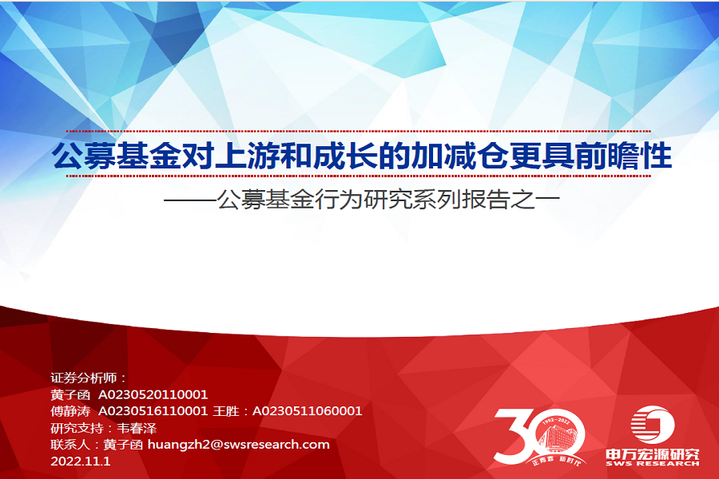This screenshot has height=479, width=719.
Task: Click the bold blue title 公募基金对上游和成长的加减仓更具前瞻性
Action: click(362, 156)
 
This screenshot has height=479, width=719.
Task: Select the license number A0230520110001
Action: click(153, 394)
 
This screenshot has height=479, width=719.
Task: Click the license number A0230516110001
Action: click(153, 411)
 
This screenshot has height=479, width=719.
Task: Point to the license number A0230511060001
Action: click(307, 411)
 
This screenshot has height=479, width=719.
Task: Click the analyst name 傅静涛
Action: click(70, 411)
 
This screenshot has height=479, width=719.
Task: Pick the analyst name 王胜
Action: click(226, 411)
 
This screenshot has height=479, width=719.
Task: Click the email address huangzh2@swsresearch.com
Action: click(238, 445)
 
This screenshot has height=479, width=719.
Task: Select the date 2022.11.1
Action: click(79, 461)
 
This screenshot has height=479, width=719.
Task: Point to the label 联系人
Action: click(70, 445)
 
